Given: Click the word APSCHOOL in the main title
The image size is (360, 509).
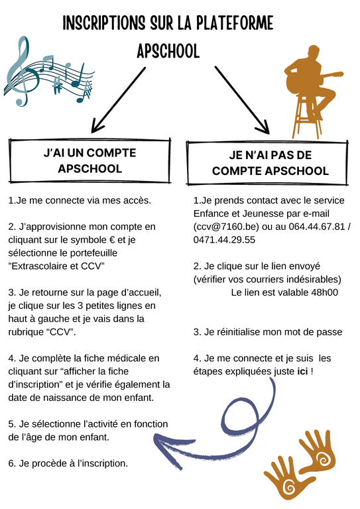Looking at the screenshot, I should [167, 52].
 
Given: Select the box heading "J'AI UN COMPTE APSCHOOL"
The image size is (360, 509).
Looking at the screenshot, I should [90, 160].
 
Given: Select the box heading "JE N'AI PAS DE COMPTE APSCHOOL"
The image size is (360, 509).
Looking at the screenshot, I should [270, 163].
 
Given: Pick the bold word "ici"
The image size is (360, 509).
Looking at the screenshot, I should [302, 371].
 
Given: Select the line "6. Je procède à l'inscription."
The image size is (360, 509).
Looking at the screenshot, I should [68, 463].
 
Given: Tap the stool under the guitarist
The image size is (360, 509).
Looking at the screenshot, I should [308, 116].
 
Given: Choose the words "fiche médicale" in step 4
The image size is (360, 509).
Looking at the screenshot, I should [108, 358].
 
